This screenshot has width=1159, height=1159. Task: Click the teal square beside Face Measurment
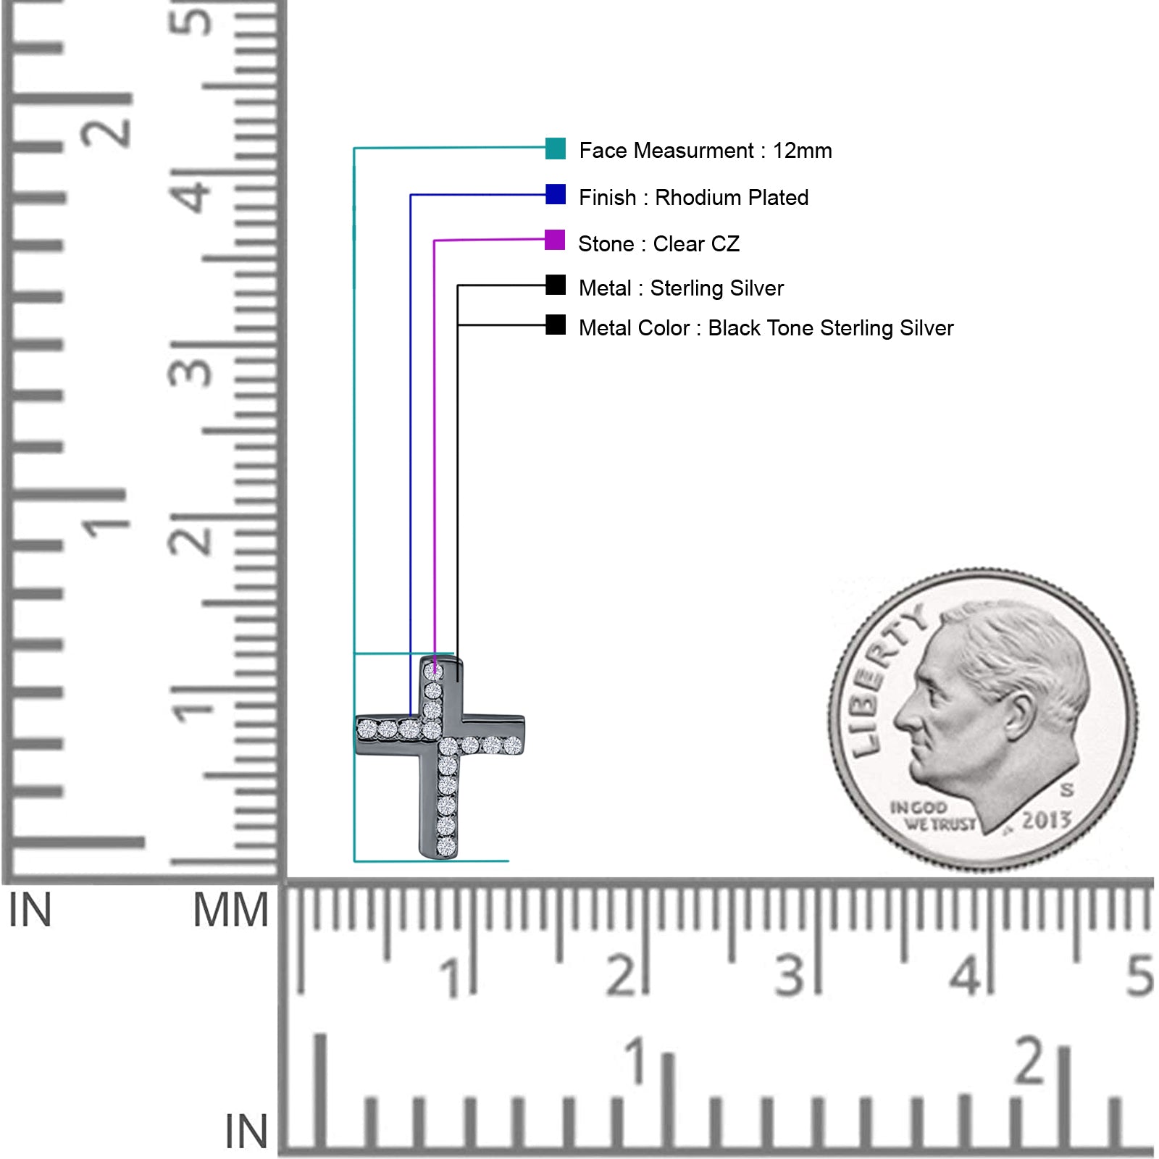click(556, 148)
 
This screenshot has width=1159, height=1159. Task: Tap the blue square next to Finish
click(556, 194)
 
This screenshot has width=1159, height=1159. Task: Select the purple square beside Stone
click(555, 240)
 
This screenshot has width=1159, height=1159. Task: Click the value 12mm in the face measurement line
click(802, 151)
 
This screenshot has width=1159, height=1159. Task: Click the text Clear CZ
click(696, 244)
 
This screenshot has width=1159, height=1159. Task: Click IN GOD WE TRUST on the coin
click(932, 816)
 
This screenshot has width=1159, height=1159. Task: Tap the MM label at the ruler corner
click(230, 910)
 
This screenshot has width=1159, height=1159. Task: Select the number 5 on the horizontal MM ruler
click(1139, 976)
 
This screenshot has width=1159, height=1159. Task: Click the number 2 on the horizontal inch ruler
click(1030, 1060)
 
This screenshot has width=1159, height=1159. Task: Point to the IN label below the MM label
click(246, 1131)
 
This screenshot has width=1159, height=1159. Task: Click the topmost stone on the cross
click(433, 671)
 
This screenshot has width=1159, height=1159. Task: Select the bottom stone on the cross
click(446, 846)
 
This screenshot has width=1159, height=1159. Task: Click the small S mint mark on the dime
click(1067, 790)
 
